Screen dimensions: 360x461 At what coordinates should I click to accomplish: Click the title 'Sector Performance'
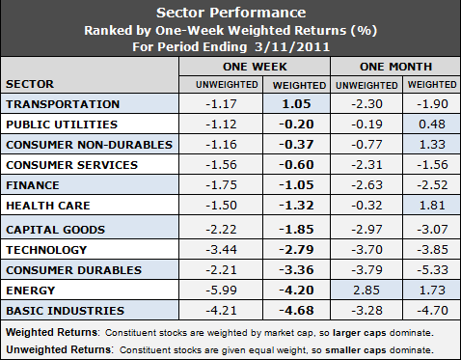click(x=230, y=13)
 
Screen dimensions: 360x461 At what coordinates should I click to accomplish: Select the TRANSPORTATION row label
click(x=63, y=104)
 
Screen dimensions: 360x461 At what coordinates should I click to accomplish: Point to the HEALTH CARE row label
click(x=49, y=207)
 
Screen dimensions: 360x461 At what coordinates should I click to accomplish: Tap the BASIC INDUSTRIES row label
click(x=65, y=310)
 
